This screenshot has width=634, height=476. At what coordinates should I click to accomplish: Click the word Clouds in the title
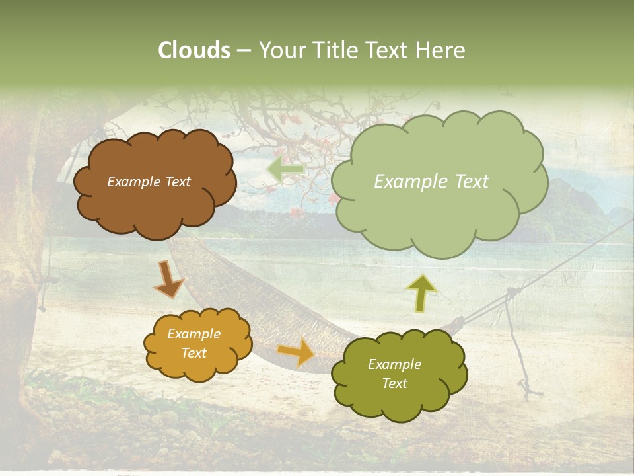point(194,50)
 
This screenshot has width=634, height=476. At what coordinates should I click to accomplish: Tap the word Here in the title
point(440,50)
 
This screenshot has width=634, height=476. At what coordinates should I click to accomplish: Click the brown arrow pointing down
point(168,279)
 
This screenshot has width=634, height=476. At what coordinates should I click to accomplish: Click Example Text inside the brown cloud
point(149,182)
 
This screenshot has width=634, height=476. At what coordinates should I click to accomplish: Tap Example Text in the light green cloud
point(431,182)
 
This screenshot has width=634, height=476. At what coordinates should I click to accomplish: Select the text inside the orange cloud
point(194,344)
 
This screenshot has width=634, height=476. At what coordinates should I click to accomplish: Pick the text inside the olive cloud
point(394,374)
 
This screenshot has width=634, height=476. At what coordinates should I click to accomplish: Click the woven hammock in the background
point(264,297)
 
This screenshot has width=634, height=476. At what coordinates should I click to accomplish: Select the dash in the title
point(244,50)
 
